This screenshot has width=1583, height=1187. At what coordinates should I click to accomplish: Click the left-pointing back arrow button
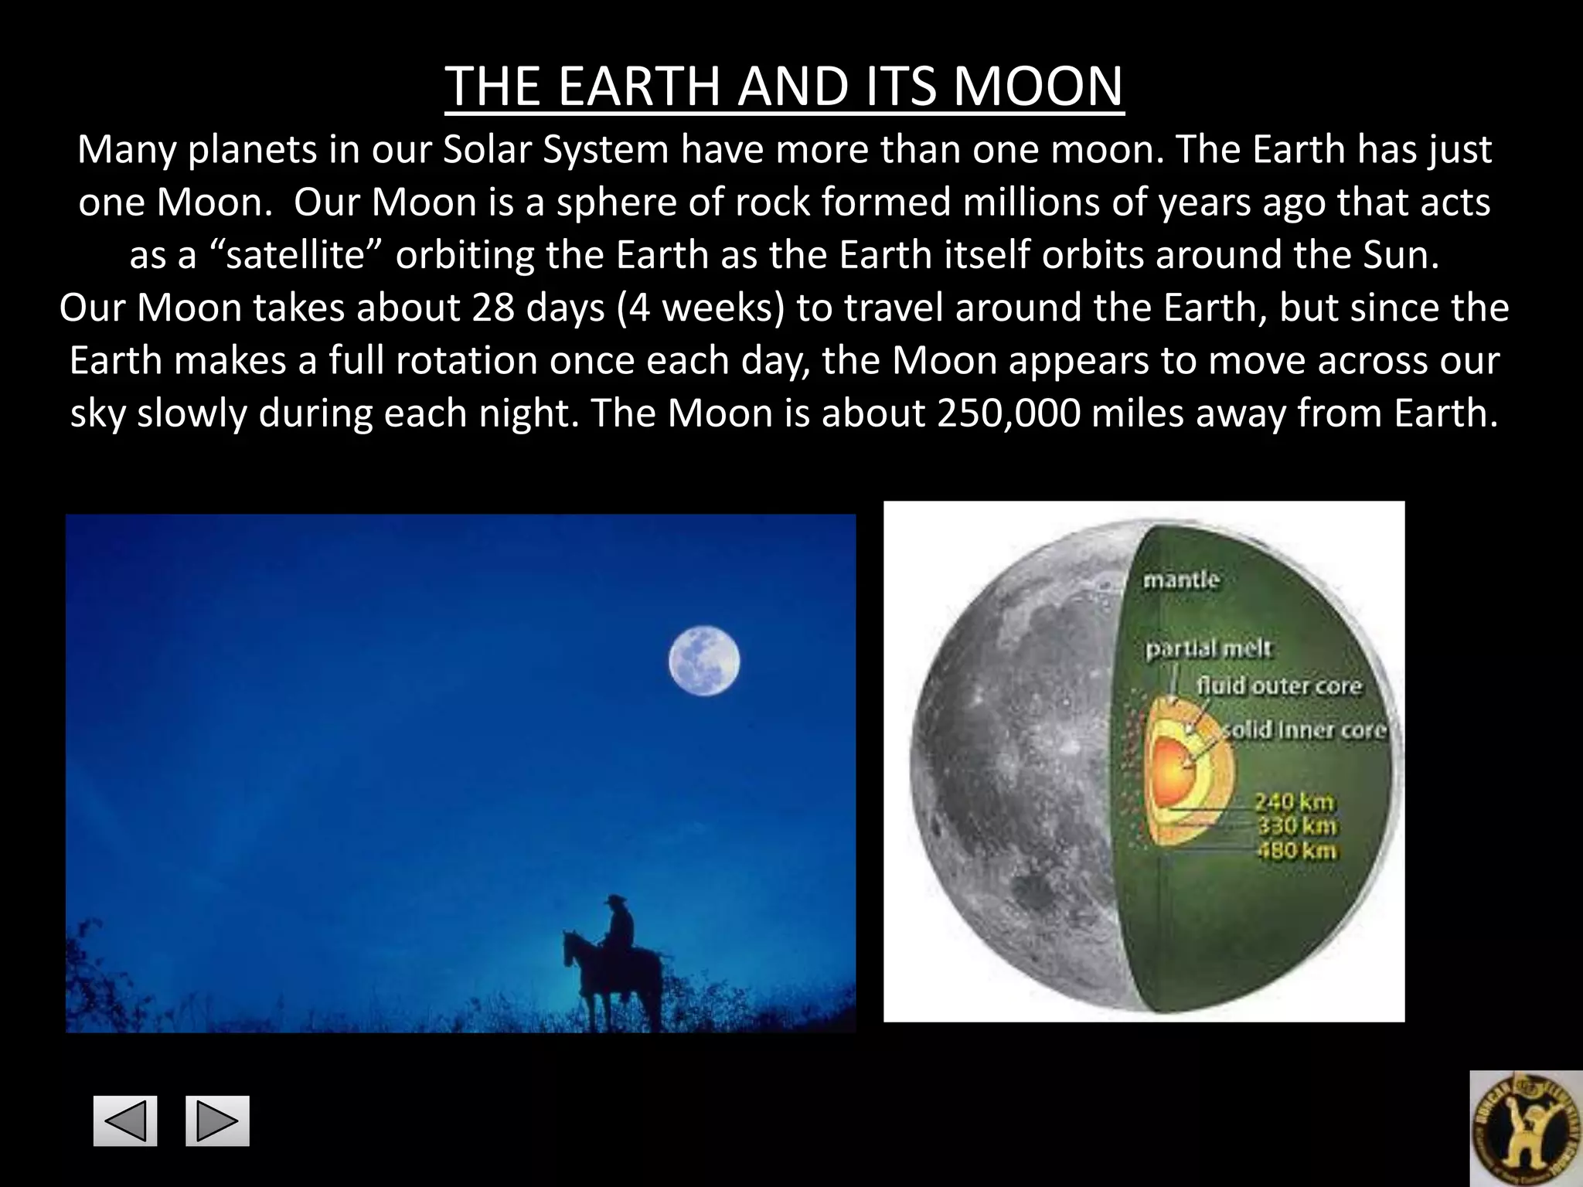125,1121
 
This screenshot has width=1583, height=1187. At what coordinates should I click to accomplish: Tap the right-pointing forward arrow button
217,1121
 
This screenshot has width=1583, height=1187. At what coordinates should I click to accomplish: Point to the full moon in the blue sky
703,662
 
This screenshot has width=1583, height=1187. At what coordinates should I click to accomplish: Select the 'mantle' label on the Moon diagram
1180,580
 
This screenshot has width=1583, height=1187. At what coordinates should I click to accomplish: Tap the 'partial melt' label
1207,649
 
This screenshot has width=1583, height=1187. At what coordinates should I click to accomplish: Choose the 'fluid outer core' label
1278,685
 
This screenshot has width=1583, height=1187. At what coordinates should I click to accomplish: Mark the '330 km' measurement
1296,826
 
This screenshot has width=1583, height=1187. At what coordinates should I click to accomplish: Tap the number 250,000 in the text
1008,413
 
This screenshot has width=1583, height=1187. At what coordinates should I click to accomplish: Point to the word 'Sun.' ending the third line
1402,255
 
